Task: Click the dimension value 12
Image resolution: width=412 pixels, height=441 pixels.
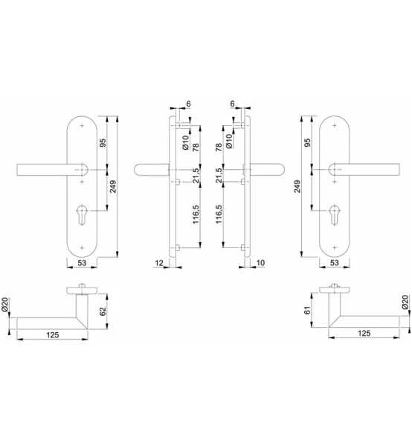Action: pyautogui.click(x=159, y=263)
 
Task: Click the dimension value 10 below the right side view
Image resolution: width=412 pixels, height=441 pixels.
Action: pyautogui.click(x=260, y=263)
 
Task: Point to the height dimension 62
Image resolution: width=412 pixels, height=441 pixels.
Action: pyautogui.click(x=103, y=306)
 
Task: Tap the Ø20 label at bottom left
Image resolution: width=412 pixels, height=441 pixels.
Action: pyautogui.click(x=5, y=304)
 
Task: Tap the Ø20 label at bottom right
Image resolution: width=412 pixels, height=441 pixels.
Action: pyautogui.click(x=405, y=304)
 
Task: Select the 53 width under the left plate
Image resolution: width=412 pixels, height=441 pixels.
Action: pyautogui.click(x=82, y=263)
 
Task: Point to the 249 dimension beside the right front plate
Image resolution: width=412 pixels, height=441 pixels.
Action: pyautogui.click(x=299, y=186)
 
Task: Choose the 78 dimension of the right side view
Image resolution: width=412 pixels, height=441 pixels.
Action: pyautogui.click(x=219, y=147)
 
